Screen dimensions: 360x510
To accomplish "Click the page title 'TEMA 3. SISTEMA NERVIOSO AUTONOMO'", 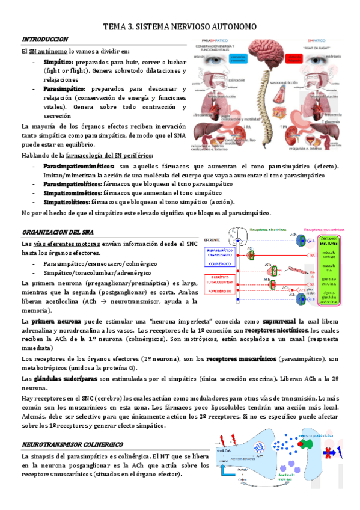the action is (180, 27).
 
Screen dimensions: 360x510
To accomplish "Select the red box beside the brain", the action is (298, 58).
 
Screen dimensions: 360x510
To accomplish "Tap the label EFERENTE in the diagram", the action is (212, 239).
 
